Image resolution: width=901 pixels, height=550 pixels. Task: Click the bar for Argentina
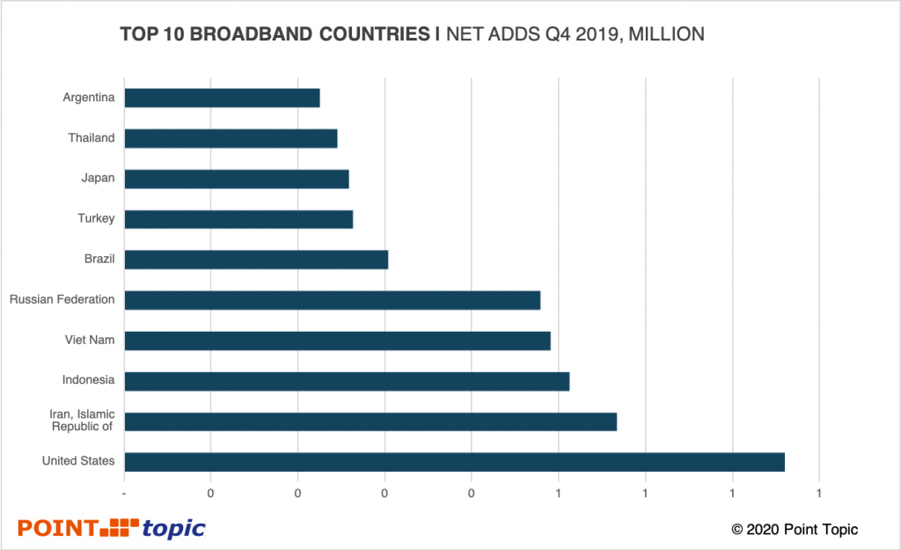(222, 98)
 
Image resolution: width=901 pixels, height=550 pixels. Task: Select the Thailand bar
(231, 138)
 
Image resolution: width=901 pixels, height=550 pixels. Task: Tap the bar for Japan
(237, 179)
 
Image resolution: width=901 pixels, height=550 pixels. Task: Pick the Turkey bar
(238, 219)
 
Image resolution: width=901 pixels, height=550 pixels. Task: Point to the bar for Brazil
(256, 260)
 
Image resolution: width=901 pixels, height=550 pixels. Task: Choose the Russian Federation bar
(332, 300)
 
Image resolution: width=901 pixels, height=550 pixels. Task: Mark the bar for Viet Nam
(337, 341)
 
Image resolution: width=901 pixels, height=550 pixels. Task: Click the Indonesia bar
(347, 381)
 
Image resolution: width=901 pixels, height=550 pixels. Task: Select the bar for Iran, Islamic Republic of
(370, 422)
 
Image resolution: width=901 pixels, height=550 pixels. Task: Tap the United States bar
(454, 462)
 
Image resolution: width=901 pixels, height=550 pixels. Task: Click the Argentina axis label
(89, 98)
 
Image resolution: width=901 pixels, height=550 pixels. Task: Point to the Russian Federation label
(62, 300)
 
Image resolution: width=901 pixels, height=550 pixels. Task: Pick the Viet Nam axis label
(90, 341)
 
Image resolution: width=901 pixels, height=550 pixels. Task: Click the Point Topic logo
(112, 528)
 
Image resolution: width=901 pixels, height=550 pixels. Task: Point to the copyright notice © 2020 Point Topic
(795, 529)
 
